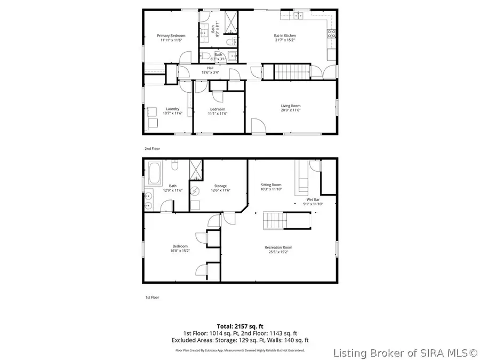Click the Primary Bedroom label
click(x=170, y=36)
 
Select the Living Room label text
click(x=291, y=106)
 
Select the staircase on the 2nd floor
click(x=292, y=71)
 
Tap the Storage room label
click(x=220, y=186)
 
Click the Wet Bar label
click(x=313, y=201)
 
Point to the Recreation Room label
click(x=278, y=247)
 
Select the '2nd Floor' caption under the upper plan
click(x=152, y=149)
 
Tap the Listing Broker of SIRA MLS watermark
click(x=405, y=353)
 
